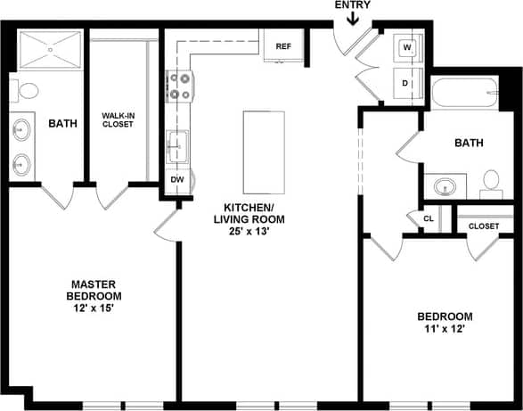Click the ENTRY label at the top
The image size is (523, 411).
[352, 5]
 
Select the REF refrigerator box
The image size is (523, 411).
[283, 45]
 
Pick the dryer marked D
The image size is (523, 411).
[406, 83]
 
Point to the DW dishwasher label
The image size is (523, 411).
[176, 179]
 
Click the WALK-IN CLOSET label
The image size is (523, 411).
[118, 119]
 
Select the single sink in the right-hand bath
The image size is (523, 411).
[443, 186]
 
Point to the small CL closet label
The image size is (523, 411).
[429, 218]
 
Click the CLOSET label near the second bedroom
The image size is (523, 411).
[484, 226]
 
